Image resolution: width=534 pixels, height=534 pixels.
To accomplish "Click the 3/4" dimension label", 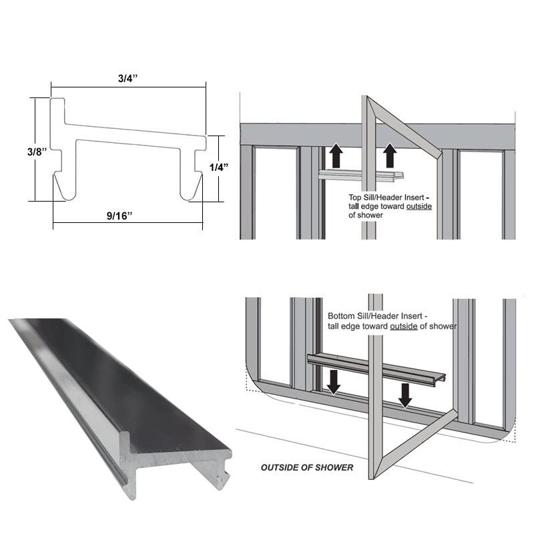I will click(x=127, y=77).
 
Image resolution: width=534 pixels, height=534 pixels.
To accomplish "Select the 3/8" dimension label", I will click(x=36, y=152).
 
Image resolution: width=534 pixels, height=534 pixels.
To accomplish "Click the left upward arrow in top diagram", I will click(x=336, y=156).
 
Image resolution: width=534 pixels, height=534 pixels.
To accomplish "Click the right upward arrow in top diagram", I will click(x=390, y=156).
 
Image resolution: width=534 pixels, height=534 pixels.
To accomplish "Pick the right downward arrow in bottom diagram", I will click(x=405, y=394).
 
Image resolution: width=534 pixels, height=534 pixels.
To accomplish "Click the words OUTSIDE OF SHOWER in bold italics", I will click(x=306, y=467).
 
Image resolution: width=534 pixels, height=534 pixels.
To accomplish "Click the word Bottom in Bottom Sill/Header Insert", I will click(x=342, y=316).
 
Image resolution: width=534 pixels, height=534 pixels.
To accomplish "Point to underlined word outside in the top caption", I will click(x=418, y=206).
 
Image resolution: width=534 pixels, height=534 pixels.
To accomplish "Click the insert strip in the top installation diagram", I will click(x=360, y=176).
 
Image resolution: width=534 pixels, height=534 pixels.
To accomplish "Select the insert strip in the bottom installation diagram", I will click(x=374, y=367).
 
